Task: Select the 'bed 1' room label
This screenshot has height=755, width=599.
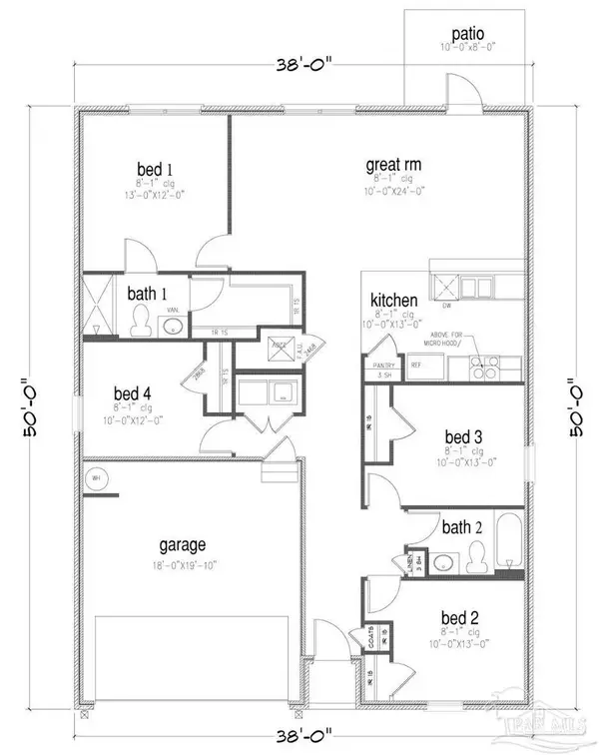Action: tap(155, 168)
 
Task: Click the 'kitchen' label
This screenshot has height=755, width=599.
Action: tap(392, 301)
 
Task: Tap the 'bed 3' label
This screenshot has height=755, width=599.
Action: tap(464, 434)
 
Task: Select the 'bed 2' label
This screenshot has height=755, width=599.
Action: tap(461, 617)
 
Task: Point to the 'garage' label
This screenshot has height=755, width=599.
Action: tap(183, 545)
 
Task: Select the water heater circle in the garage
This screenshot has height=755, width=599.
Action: tap(98, 477)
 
